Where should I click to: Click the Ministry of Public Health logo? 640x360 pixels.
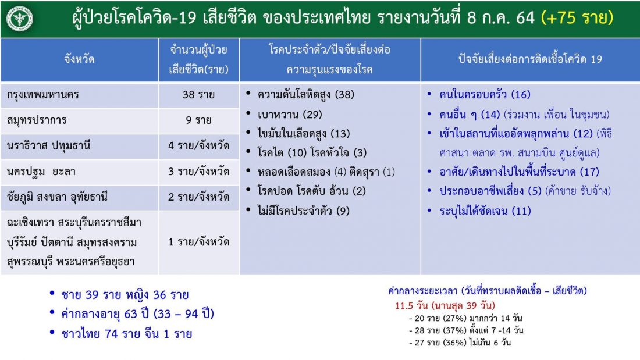pyautogui.click(x=19, y=19)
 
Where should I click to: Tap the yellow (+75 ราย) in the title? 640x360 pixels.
pyautogui.click(x=577, y=17)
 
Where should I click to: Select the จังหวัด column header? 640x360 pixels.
pyautogui.click(x=79, y=59)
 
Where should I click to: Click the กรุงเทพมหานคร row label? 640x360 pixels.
pyautogui.click(x=43, y=95)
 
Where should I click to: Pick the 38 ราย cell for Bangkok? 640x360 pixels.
pyautogui.click(x=198, y=95)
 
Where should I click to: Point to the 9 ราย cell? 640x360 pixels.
pyautogui.click(x=198, y=120)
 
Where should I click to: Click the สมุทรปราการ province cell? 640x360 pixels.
pyautogui.click(x=36, y=120)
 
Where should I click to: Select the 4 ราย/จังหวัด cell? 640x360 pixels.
pyautogui.click(x=198, y=146)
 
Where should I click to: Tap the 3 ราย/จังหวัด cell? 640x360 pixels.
pyautogui.click(x=198, y=172)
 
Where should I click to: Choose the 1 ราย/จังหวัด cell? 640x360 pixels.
pyautogui.click(x=198, y=242)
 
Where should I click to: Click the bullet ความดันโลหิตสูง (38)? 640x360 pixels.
pyautogui.click(x=305, y=95)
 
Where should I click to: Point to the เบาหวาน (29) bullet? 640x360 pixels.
pyautogui.click(x=290, y=115)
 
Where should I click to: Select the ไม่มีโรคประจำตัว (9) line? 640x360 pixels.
pyautogui.click(x=303, y=211)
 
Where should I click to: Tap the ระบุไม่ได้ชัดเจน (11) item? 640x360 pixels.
pyautogui.click(x=485, y=211)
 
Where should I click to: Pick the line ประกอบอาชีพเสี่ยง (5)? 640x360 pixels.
pyautogui.click(x=490, y=191)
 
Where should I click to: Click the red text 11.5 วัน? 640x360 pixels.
pyautogui.click(x=411, y=305)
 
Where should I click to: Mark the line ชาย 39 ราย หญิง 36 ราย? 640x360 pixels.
pyautogui.click(x=125, y=295)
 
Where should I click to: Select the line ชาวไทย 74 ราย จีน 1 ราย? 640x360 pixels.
pyautogui.click(x=126, y=334)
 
